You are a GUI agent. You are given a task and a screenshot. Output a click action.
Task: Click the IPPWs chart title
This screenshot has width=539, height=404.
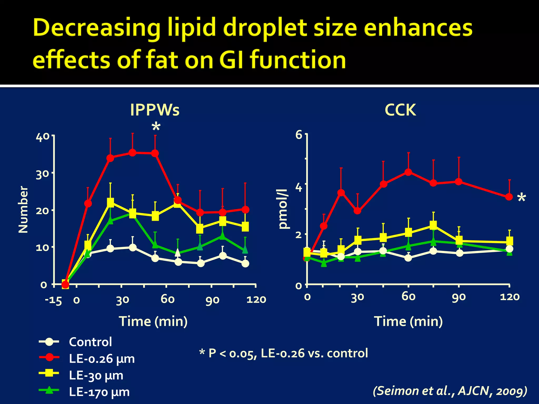pyautogui.click(x=155, y=110)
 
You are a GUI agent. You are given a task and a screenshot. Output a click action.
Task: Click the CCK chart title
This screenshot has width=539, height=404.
pyautogui.click(x=400, y=110)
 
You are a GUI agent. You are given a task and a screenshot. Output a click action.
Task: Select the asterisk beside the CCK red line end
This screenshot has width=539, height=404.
pyautogui.click(x=521, y=198)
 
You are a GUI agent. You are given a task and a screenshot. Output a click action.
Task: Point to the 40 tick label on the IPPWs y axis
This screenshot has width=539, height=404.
pyautogui.click(x=42, y=137)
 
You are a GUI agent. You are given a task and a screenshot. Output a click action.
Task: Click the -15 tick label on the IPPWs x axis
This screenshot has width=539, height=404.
pyautogui.click(x=53, y=300)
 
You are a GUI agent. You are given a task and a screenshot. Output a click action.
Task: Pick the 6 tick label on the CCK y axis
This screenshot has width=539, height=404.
pyautogui.click(x=299, y=135)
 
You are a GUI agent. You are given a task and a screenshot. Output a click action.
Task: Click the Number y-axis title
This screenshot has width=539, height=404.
pyautogui.click(x=23, y=210)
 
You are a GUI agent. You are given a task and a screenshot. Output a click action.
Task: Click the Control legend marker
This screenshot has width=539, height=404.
pyautogui.click(x=49, y=342)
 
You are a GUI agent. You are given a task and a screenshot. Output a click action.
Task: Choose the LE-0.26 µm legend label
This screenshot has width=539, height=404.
pyautogui.click(x=102, y=359)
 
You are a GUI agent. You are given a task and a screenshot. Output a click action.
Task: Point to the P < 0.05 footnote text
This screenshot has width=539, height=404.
pyautogui.click(x=283, y=353)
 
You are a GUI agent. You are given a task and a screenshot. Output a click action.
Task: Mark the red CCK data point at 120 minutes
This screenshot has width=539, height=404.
pyautogui.click(x=509, y=197)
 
